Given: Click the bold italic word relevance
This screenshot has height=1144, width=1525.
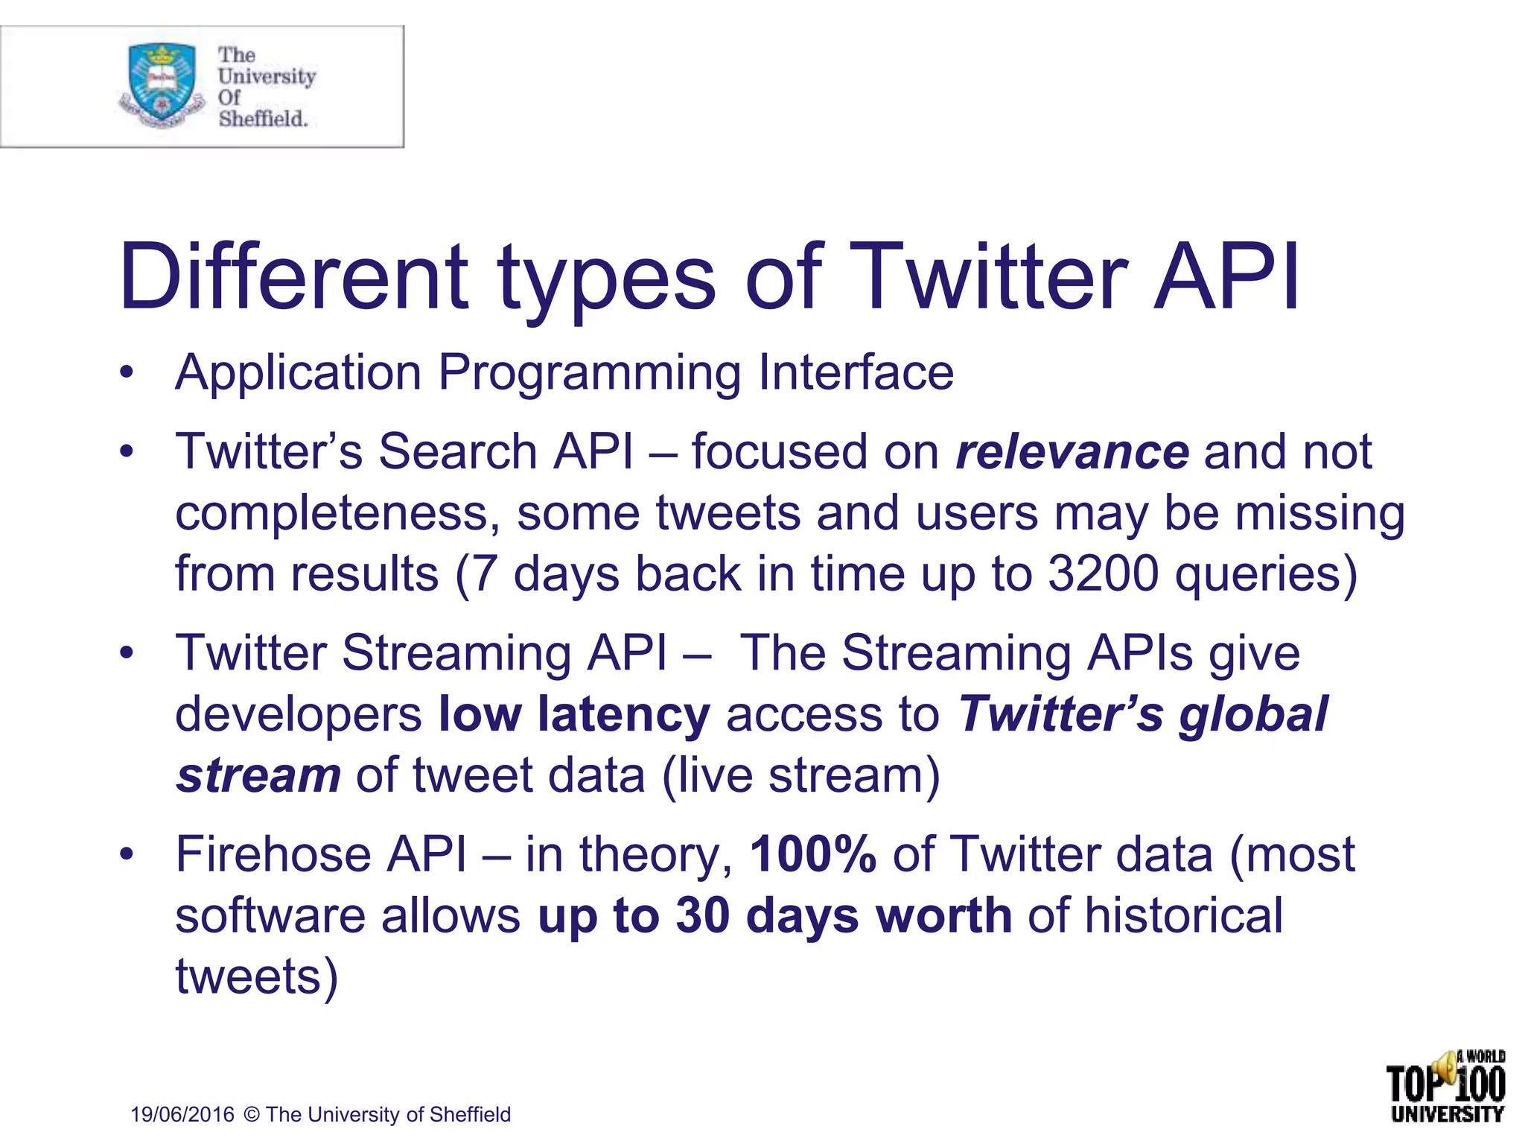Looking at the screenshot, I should pyautogui.click(x=1072, y=452).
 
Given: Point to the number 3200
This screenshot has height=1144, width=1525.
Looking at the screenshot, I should pyautogui.click(x=1103, y=574).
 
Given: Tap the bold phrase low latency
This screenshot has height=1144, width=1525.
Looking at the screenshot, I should pyautogui.click(x=574, y=714).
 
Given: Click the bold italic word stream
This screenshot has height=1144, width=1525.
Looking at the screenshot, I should pyautogui.click(x=258, y=776).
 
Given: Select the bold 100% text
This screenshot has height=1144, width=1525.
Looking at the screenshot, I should pyautogui.click(x=813, y=854).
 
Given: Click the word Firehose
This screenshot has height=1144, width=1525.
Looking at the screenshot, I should pyautogui.click(x=273, y=854).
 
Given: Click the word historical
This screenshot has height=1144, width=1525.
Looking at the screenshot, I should pyautogui.click(x=1183, y=915).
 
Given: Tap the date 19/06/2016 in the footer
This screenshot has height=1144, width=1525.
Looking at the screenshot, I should pyautogui.click(x=182, y=1115).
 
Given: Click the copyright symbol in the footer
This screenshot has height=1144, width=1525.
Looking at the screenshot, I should pyautogui.click(x=252, y=1115).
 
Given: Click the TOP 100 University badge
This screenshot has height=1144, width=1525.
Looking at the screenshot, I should pyautogui.click(x=1445, y=1087).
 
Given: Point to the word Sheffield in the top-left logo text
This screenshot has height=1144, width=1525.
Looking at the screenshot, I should pyautogui.click(x=262, y=119).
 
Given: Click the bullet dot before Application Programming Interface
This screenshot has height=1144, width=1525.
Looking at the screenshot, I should pyautogui.click(x=127, y=372).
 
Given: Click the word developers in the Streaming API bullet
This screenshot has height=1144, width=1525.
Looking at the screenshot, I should pyautogui.click(x=299, y=714).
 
